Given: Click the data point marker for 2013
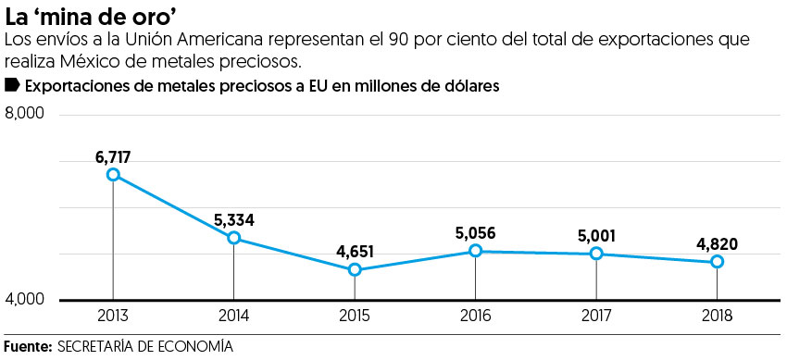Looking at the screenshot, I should [x=113, y=174].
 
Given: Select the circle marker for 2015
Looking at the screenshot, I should [x=355, y=270].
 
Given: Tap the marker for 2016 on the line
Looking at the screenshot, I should [x=475, y=251].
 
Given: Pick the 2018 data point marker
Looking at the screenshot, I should [x=717, y=262].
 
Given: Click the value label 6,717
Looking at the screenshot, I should [x=114, y=156].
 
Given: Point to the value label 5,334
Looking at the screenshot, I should [x=234, y=220].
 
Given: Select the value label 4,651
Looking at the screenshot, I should [x=355, y=252].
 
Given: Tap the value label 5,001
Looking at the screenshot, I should [x=595, y=236].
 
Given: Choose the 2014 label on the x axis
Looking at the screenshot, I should [x=233, y=316].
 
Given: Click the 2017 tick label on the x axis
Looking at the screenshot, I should [x=595, y=316].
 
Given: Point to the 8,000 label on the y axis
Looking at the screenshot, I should [x=25, y=114].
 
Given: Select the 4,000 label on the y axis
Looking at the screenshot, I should [x=25, y=300].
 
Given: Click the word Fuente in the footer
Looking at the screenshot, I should [x=27, y=346].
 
